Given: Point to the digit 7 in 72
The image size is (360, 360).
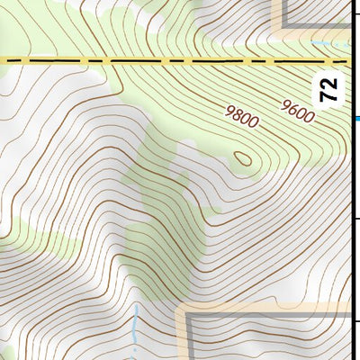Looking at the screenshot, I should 330,95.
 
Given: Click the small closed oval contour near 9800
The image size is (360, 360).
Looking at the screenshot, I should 243,158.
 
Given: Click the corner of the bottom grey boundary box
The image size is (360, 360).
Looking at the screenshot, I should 189,315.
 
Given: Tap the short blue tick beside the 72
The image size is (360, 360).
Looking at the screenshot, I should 356,117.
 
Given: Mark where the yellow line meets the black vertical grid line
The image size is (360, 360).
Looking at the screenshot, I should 349,61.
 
